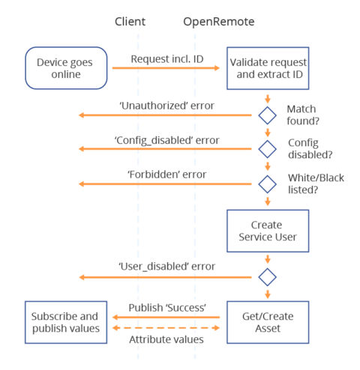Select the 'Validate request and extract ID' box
(267, 68)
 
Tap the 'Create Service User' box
(267, 231)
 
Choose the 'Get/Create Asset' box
(267, 323)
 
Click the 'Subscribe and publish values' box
(66, 323)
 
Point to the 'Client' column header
(130, 22)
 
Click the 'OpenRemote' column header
(219, 22)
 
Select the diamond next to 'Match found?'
(267, 115)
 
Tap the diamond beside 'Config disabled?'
(267, 148)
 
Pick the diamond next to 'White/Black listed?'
(267, 182)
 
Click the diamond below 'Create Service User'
(267, 276)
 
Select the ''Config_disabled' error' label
(166, 139)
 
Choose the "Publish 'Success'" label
(166, 307)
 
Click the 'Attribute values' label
(166, 339)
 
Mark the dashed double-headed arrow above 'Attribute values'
(166, 328)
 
